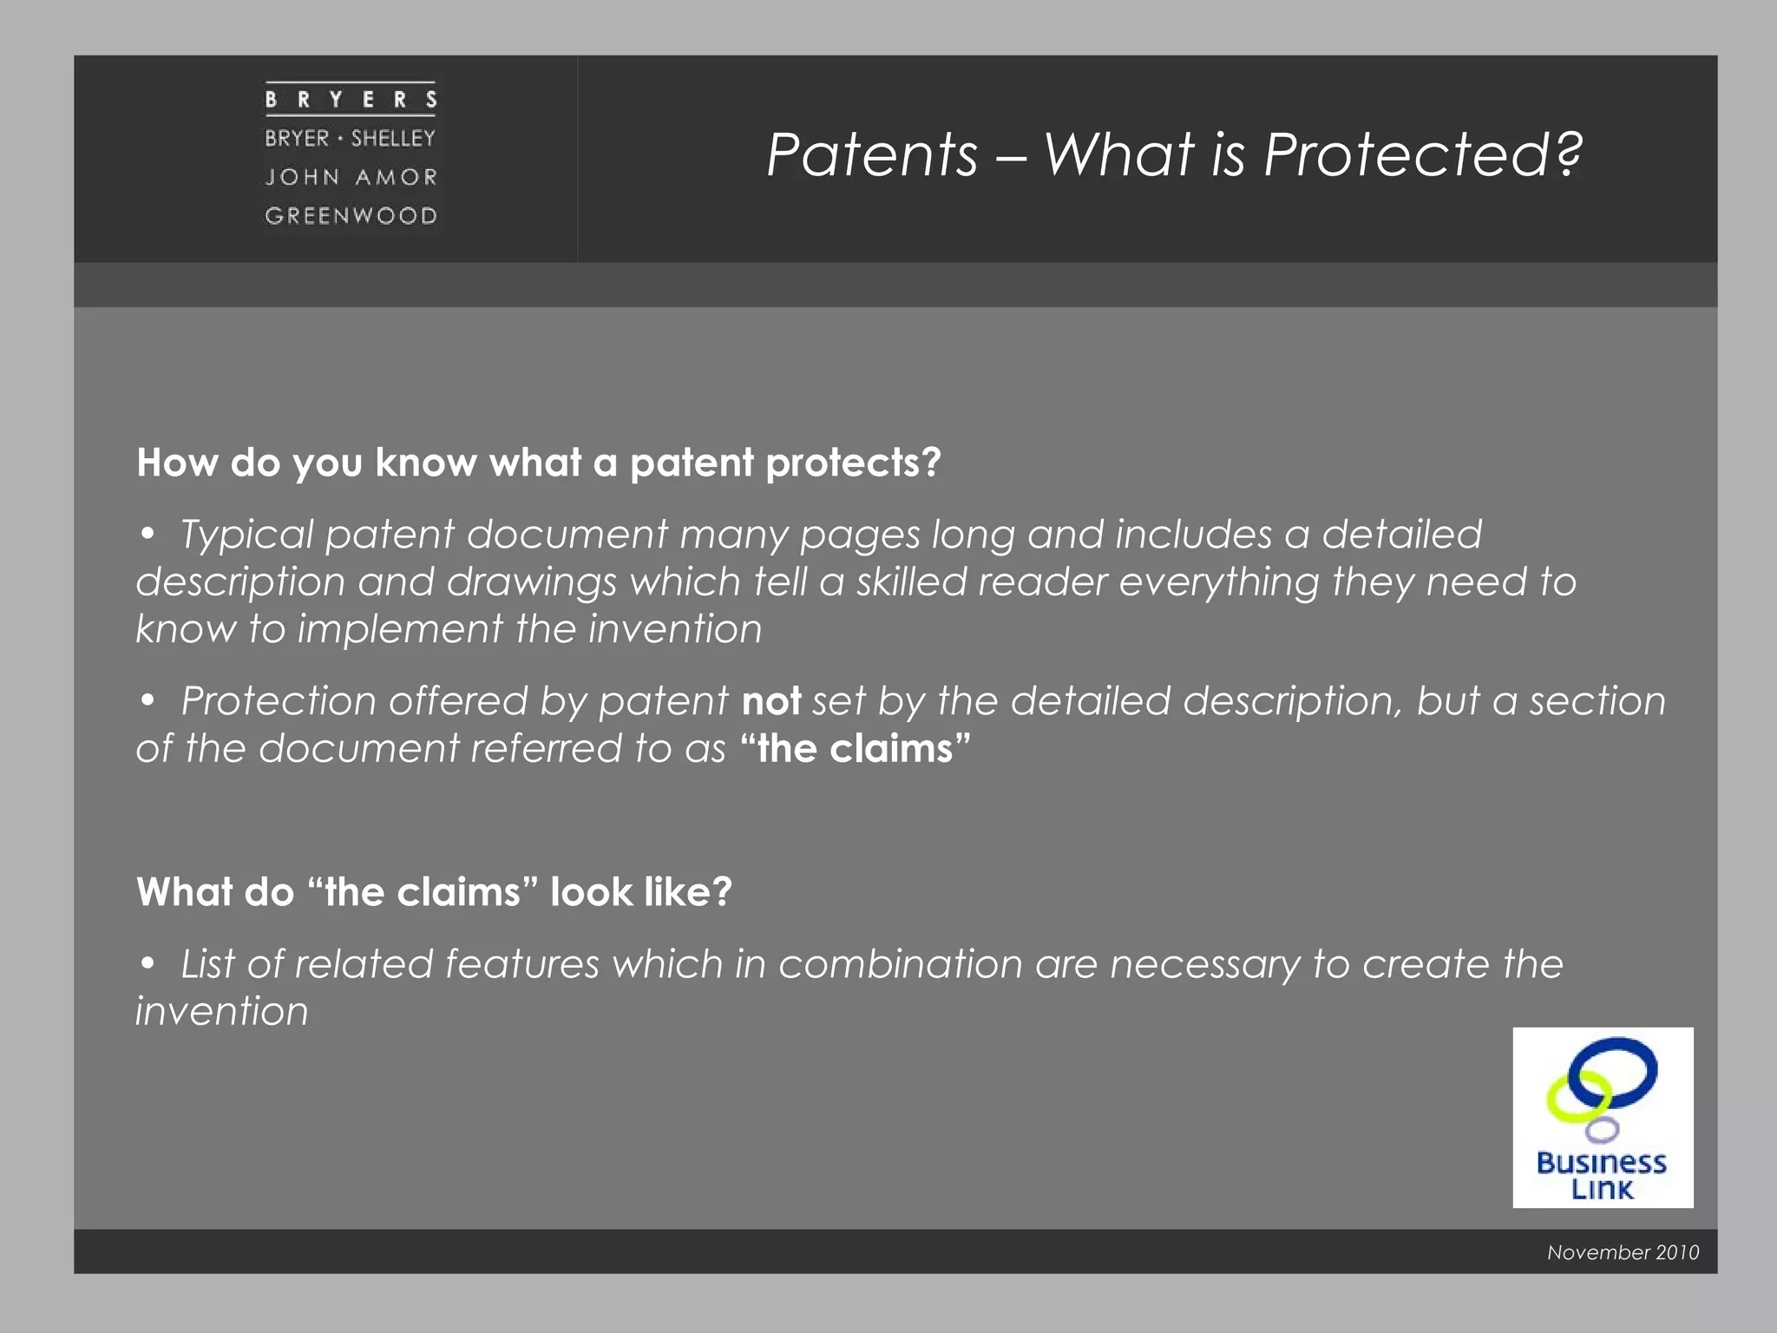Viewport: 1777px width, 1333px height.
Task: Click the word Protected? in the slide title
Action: (1423, 156)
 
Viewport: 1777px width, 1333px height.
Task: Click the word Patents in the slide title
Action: (872, 156)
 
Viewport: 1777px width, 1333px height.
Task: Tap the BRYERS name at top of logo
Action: (351, 100)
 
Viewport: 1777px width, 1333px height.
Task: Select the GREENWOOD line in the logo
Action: (351, 215)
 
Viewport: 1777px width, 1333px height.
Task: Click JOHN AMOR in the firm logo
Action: (351, 177)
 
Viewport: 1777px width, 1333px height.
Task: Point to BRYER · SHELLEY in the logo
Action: (351, 139)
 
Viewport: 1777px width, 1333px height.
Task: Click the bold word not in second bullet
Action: (770, 701)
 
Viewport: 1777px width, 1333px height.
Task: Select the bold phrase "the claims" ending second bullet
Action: (856, 749)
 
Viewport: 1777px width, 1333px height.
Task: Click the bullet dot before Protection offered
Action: (148, 699)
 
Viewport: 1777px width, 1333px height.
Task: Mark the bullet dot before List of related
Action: (148, 962)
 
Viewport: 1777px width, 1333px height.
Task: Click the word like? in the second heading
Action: (686, 893)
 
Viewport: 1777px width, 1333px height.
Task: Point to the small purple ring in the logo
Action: (1602, 1129)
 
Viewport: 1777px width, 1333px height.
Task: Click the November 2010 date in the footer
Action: (1623, 1252)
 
